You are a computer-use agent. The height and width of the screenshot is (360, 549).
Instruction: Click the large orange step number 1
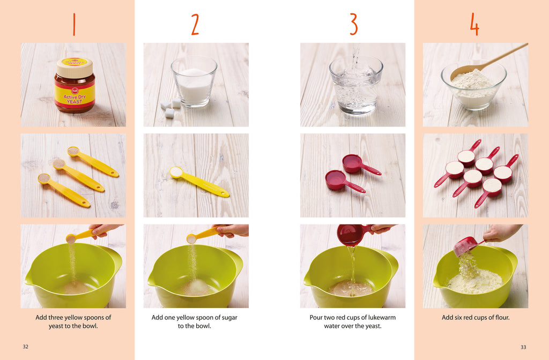point(73,25)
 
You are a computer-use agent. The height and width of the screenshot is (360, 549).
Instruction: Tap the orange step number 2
point(195,25)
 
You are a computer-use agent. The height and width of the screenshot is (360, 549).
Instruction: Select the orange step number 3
point(353,25)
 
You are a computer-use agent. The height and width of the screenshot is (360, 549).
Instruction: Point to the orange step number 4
point(474,25)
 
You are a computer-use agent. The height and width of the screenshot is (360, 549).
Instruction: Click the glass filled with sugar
point(194,81)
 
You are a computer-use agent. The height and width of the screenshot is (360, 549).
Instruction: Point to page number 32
point(25,347)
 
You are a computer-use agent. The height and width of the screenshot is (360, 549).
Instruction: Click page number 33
point(523,347)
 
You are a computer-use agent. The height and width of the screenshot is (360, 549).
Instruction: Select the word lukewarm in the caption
point(380,318)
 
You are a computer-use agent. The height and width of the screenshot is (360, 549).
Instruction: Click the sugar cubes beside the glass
point(170,108)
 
